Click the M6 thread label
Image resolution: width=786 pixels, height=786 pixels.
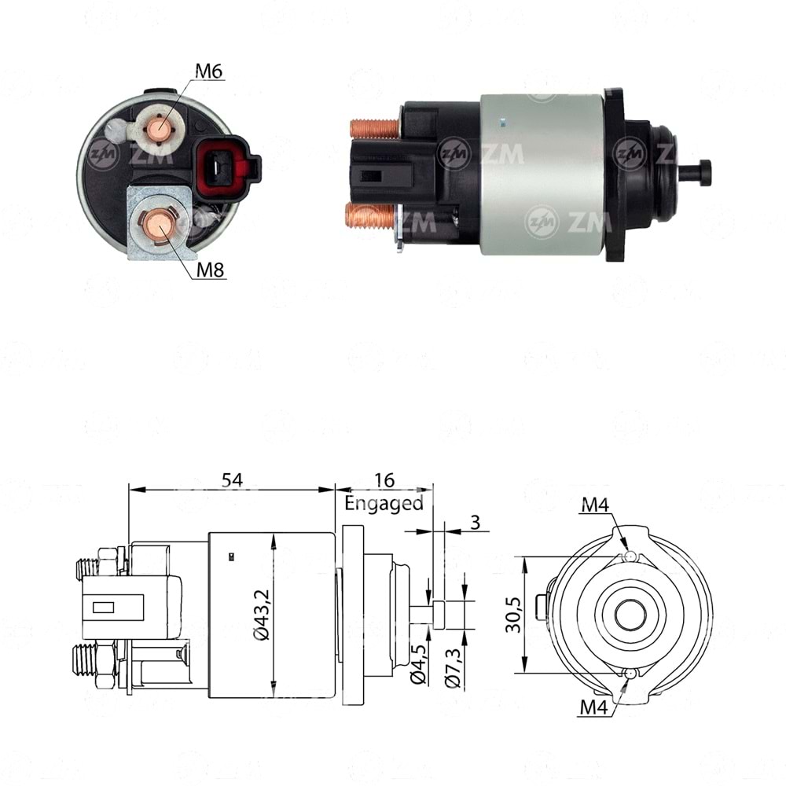coord(209,71)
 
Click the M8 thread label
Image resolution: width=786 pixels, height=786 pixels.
coord(210,270)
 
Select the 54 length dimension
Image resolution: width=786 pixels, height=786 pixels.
coord(231,479)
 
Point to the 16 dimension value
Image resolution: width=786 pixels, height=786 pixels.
coord(384,479)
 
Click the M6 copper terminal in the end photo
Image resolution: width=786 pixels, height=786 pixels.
coord(160,125)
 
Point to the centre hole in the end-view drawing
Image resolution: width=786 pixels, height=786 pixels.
coord(628,615)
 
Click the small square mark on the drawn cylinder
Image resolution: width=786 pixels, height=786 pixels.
coord(231,557)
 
